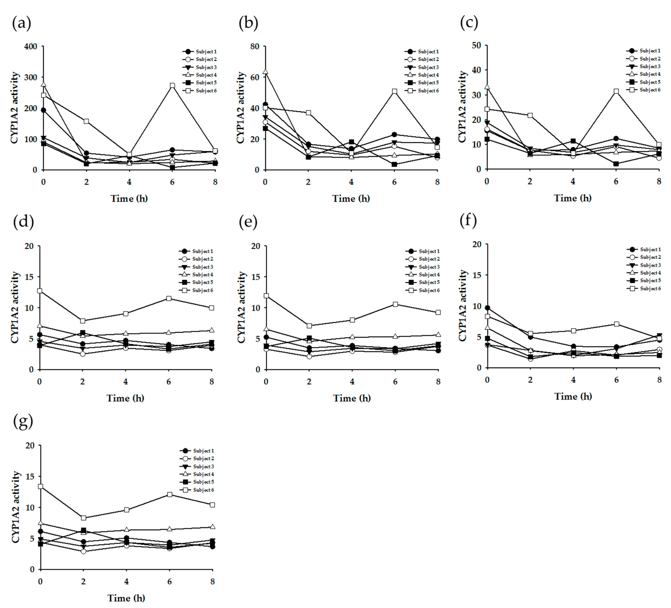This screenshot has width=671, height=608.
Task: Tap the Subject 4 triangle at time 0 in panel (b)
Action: [x=265, y=72]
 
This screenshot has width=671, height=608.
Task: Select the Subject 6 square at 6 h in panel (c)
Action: [x=616, y=91]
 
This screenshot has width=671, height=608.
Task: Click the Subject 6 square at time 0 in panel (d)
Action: [x=40, y=291]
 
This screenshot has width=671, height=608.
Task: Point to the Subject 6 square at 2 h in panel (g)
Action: [x=84, y=518]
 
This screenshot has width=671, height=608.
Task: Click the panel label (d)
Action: [x=23, y=222]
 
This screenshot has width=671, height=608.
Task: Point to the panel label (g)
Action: [x=23, y=421]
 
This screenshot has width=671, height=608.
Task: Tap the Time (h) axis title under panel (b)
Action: [x=351, y=198]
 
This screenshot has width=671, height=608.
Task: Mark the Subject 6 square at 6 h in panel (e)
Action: [x=395, y=304]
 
